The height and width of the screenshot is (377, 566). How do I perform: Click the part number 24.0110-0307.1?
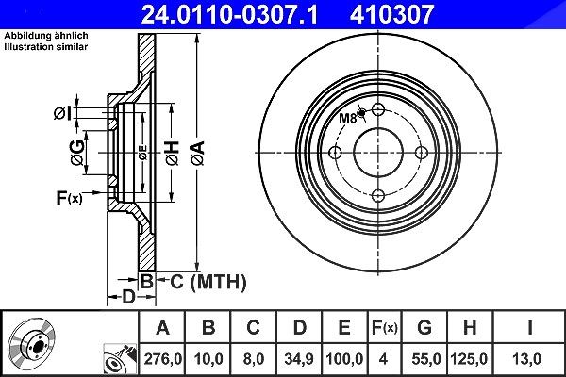click(x=229, y=14)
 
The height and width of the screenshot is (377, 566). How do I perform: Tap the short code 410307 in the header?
click(x=391, y=14)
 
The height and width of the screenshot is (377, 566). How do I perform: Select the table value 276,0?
click(x=163, y=359)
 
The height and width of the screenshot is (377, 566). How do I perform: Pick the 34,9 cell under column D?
click(x=299, y=359)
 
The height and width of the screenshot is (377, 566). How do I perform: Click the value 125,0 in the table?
click(x=469, y=359)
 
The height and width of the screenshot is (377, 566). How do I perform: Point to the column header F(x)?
click(x=385, y=328)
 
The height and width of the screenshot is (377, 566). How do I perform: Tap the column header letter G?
click(x=424, y=328)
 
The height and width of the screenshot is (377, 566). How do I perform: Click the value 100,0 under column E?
click(x=344, y=359)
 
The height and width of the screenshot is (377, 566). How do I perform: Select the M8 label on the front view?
click(x=348, y=118)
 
